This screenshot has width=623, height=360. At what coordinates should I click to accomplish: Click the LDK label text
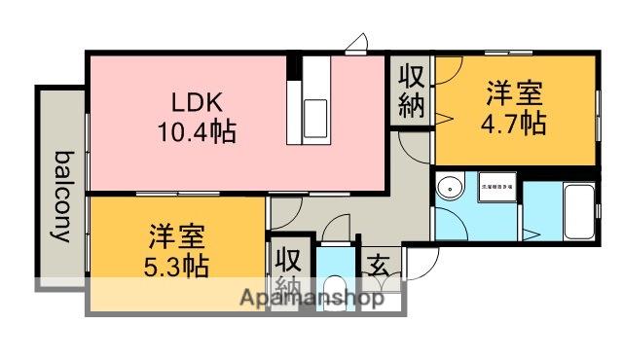[x=199, y=100]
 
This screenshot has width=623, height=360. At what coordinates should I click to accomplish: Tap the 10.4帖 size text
[x=198, y=131]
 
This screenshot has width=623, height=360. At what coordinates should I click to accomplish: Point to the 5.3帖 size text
[x=177, y=266]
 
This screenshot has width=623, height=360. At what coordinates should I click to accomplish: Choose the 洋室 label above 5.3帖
[x=177, y=236]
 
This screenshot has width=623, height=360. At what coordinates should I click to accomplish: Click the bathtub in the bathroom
[x=578, y=209]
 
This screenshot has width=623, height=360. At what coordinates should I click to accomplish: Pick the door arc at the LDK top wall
[x=357, y=43]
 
